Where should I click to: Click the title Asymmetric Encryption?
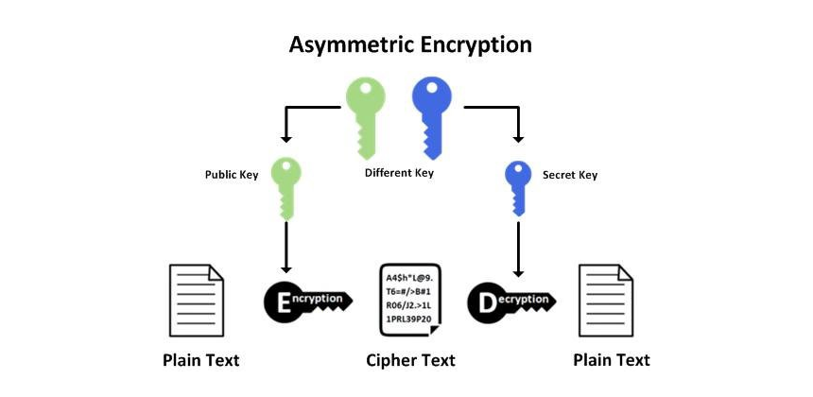pos(409,44)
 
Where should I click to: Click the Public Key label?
pos(233,175)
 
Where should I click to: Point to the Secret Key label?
pos(570,175)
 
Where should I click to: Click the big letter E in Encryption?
pos(283,302)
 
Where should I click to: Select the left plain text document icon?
pos(196,301)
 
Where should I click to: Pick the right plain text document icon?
pos(606,301)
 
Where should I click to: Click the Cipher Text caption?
pos(410,360)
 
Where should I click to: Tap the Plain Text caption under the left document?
pos(200,360)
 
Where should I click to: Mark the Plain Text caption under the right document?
pos(612,360)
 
